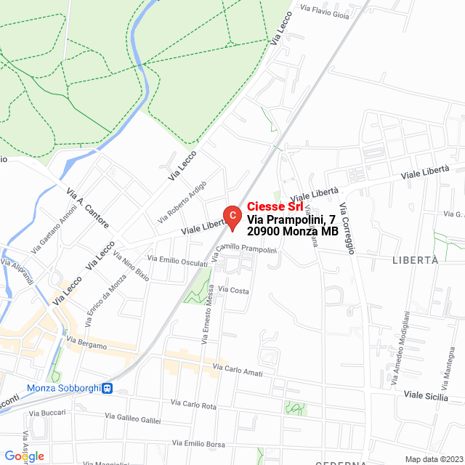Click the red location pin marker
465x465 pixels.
point(231,215)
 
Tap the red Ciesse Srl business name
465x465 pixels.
point(276,206)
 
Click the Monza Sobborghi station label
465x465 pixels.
point(62,388)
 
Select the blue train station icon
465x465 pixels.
point(107,388)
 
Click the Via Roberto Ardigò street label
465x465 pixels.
point(182,201)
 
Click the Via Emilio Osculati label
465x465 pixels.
point(177,260)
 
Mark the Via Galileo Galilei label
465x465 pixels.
point(133,418)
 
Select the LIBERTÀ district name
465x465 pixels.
point(415,260)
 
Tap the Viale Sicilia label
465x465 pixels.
point(426,395)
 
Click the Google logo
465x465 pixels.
point(23,456)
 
